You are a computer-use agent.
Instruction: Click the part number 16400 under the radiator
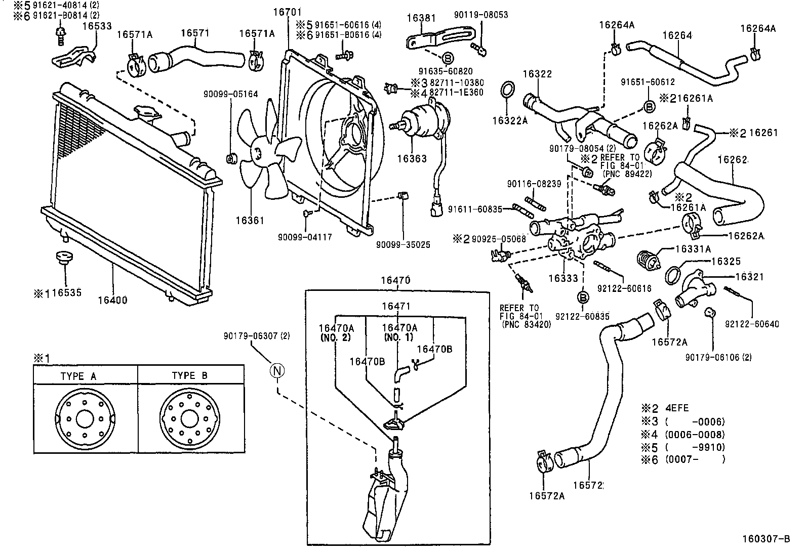pos(112,300)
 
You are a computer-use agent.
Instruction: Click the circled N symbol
pos(277,371)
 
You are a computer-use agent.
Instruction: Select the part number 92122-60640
pos(751,324)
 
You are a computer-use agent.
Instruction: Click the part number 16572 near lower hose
pos(587,485)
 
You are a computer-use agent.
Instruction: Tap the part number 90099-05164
pos(231,94)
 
